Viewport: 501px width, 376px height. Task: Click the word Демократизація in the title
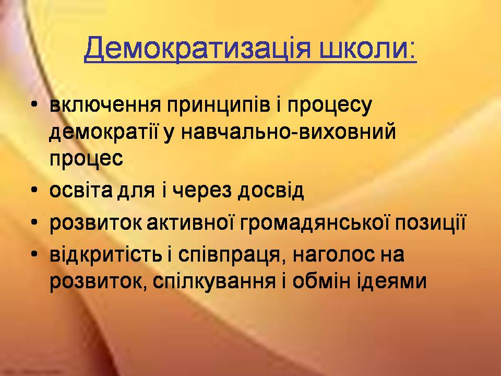(x=197, y=48)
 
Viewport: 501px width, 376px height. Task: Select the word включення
(x=105, y=105)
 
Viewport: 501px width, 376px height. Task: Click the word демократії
(x=103, y=132)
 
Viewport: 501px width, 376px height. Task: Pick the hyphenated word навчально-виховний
(x=289, y=132)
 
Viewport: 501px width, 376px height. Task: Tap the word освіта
(x=81, y=190)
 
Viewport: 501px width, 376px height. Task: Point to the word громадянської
(x=314, y=223)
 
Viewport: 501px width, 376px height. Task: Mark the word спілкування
(x=214, y=281)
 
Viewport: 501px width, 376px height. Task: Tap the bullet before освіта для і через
(x=34, y=190)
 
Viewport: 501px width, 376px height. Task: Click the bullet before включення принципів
(x=34, y=104)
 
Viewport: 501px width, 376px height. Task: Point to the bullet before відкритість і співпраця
(x=34, y=254)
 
